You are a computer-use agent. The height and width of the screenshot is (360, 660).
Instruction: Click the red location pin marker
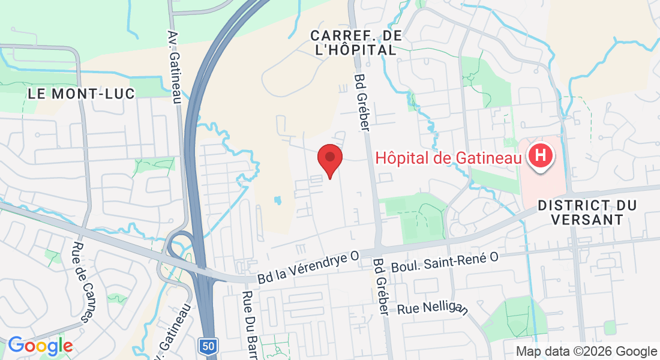pyautogui.click(x=329, y=160)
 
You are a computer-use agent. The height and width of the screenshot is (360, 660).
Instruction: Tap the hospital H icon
pyautogui.click(x=539, y=156)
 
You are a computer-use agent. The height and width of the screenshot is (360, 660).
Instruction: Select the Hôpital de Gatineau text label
pyautogui.click(x=447, y=158)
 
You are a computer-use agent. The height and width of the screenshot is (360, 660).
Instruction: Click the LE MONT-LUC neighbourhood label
pyautogui.click(x=82, y=94)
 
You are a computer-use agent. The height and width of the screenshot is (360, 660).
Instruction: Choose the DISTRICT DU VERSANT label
pyautogui.click(x=587, y=212)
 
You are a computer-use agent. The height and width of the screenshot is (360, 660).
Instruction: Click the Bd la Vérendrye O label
pyautogui.click(x=308, y=268)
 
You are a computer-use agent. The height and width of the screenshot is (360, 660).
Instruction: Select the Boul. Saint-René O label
pyautogui.click(x=445, y=260)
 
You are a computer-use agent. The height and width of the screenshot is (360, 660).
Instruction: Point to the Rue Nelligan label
pyautogui.click(x=432, y=308)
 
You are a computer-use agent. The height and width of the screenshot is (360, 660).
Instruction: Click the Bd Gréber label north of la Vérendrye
pyautogui.click(x=362, y=102)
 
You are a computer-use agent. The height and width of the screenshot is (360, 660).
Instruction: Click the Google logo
pyautogui.click(x=40, y=346)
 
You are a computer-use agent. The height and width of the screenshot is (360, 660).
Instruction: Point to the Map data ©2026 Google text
pyautogui.click(x=586, y=351)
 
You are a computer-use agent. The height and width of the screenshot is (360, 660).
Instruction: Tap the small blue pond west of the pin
pyautogui.click(x=277, y=200)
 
